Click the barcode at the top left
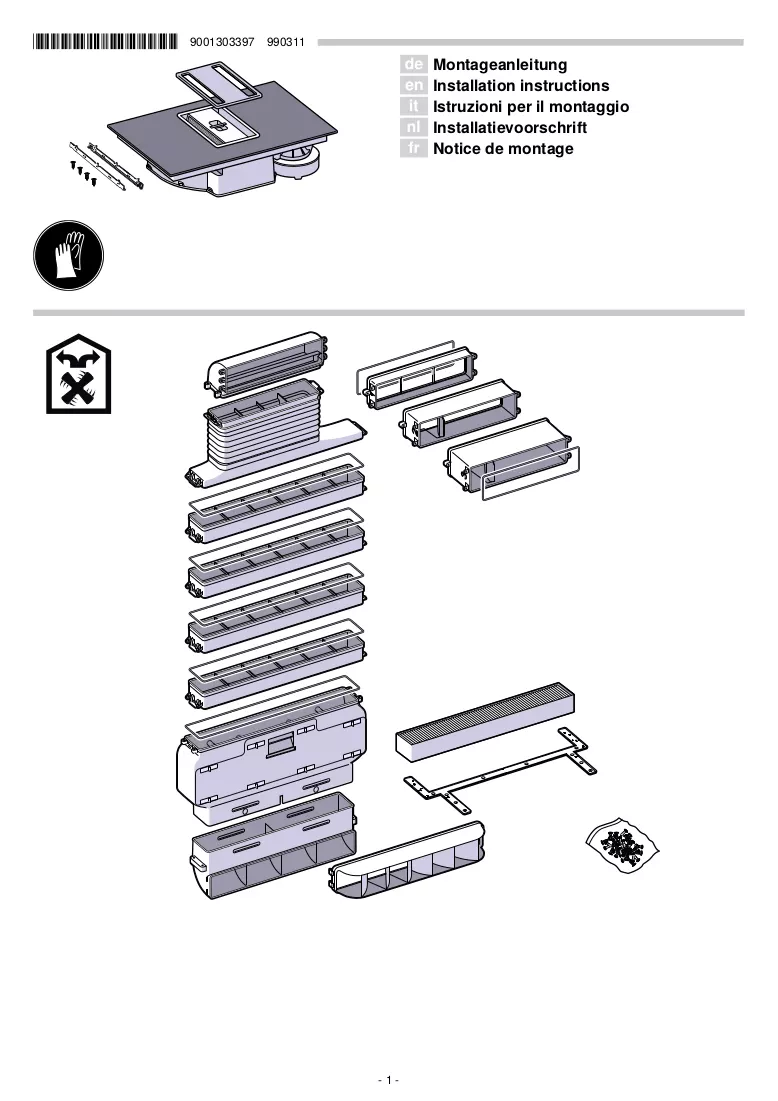(x=105, y=42)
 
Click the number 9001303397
(x=222, y=42)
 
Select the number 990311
(x=286, y=42)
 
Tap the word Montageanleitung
(x=500, y=65)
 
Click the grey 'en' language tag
(x=414, y=86)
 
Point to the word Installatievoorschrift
(x=510, y=128)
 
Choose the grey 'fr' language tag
(x=414, y=149)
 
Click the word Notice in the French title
(x=456, y=149)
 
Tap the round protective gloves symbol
(x=68, y=256)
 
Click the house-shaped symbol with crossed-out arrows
(x=79, y=374)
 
